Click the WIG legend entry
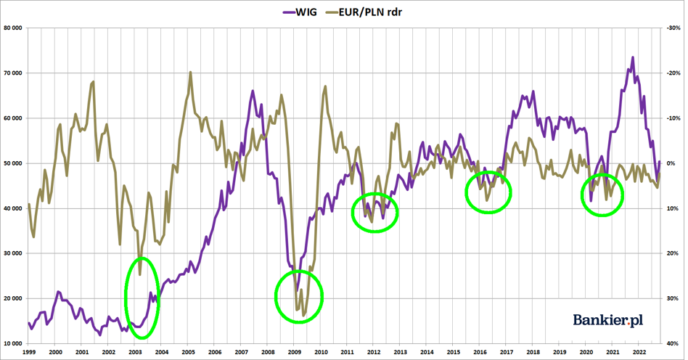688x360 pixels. pos(300,12)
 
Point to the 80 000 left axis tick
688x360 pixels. pos(13,28)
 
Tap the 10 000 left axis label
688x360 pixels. pos(13,343)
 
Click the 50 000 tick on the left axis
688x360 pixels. pos(13,163)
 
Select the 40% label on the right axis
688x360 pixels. pos(672,343)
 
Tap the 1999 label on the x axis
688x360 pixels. pos(29,353)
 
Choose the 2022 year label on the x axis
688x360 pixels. pos(639,353)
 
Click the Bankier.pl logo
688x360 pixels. pos(608,320)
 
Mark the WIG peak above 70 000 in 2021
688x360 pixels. pos(632,58)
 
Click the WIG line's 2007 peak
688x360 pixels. pos(253,91)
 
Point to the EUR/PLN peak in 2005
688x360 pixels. pos(190,73)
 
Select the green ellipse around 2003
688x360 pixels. pos(142,298)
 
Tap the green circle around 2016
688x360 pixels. pos(488,192)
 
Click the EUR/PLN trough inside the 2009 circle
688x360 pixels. pos(304,315)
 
